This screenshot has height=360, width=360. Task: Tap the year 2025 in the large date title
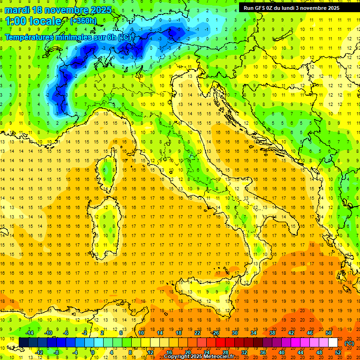click(100, 10)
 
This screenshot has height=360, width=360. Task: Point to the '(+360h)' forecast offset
click(84, 21)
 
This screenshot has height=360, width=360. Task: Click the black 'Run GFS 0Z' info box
click(295, 7)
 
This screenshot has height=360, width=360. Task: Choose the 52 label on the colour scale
click(338, 352)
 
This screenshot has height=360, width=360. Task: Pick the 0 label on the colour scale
click(93, 352)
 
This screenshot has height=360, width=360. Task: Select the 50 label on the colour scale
click(329, 333)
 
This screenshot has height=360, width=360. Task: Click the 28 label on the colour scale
click(225, 352)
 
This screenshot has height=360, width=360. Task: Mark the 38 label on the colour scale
click(272, 333)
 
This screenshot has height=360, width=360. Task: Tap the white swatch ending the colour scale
click(333, 343)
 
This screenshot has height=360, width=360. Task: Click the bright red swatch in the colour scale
click(220, 343)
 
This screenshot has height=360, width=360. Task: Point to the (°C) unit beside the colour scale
click(349, 343)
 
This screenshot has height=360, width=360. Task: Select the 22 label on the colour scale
click(197, 333)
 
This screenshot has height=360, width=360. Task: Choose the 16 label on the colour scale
click(169, 352)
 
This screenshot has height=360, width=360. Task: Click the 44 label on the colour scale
click(300, 352)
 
